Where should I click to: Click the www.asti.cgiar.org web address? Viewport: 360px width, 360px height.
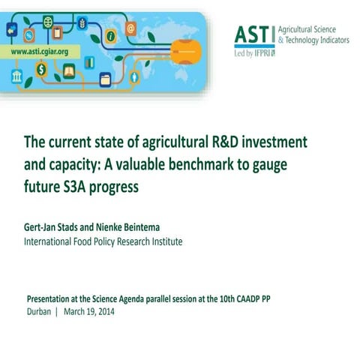coord(40,52)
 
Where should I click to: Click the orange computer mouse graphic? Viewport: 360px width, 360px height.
coord(185,52)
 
